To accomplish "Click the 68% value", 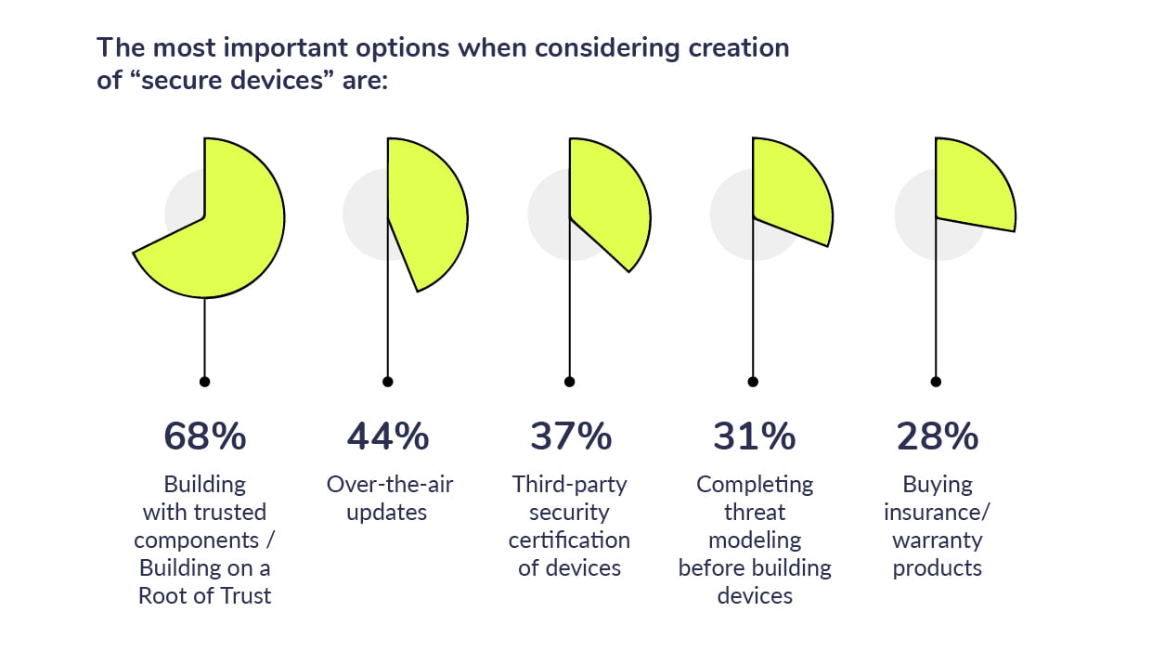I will [x=204, y=436].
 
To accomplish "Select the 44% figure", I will [x=387, y=436].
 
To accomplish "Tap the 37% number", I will [x=570, y=436].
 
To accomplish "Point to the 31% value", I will [x=753, y=436].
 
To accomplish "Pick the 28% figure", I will [x=936, y=436].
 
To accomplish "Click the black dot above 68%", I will [x=204, y=381].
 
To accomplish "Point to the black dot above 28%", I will [x=936, y=381].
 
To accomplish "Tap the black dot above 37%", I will [x=570, y=381].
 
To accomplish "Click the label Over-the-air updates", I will [x=389, y=498].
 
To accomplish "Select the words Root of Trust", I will [x=204, y=596].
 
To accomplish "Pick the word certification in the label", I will [x=569, y=540].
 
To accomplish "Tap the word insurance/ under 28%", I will [x=937, y=513].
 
